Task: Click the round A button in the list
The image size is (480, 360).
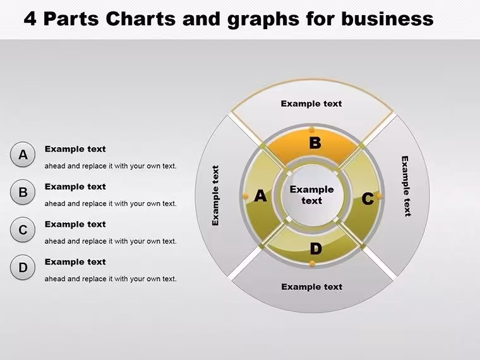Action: (23, 154)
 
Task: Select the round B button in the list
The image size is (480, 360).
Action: (23, 192)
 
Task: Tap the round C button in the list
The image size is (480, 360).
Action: (23, 230)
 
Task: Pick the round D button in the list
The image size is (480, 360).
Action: (23, 267)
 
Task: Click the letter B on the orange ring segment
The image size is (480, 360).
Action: (315, 143)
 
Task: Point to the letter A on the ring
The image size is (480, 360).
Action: (260, 196)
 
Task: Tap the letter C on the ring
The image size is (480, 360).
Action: (368, 199)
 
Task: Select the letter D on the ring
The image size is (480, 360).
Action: (316, 249)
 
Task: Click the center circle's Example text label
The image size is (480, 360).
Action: (311, 195)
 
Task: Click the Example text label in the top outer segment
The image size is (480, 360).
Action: (311, 104)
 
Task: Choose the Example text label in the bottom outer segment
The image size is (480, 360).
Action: (311, 287)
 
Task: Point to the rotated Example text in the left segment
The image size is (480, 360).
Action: (215, 196)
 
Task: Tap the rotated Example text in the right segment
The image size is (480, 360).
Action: (405, 186)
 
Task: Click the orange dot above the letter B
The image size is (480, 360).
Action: (311, 130)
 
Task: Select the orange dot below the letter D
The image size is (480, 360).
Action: (312, 263)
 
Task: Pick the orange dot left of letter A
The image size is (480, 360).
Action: (246, 196)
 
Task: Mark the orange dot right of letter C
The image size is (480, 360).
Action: (380, 196)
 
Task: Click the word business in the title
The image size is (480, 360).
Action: (387, 18)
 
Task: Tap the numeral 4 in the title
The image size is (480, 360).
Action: (30, 18)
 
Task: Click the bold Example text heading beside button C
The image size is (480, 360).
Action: (75, 224)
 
